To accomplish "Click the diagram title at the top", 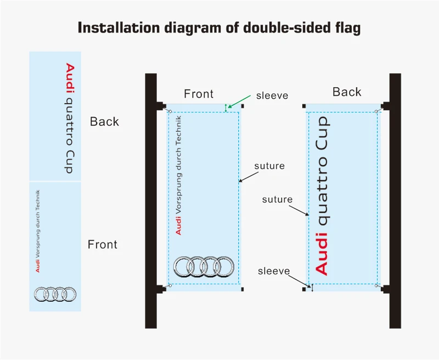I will coord(219,27).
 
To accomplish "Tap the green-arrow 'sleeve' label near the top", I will coord(272,95).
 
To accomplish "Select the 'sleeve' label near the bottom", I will coord(273,271).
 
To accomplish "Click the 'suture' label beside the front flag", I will coord(269,166).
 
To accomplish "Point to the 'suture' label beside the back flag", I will coord(277,199).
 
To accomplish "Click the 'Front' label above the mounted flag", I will coord(198,94).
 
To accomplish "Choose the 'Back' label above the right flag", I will coord(347,92).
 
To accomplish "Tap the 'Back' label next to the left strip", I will coord(104,121).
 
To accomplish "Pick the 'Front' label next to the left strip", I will coord(103,244).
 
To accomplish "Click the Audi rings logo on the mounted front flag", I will coord(204,267).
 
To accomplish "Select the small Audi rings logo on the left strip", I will coord(55,294).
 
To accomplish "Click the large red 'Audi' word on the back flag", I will coord(322,252).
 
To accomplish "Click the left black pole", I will coord(151,200).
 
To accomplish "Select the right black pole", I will coord(395,200).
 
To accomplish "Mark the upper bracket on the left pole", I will coord(161,105).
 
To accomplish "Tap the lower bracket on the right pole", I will coord(386,289).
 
